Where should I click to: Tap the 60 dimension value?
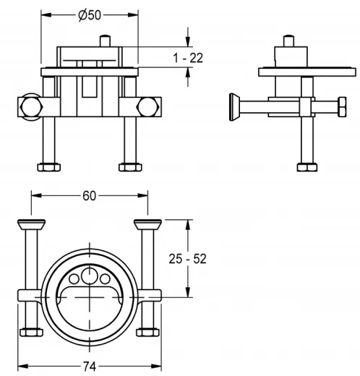coord(88,195)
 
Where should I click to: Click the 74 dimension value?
coord(88,366)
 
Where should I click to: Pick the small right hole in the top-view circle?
coord(103,280)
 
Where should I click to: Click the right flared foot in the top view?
coord(148,222)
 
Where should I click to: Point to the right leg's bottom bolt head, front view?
coord(129,167)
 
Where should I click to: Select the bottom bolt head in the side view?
coord(307,167)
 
